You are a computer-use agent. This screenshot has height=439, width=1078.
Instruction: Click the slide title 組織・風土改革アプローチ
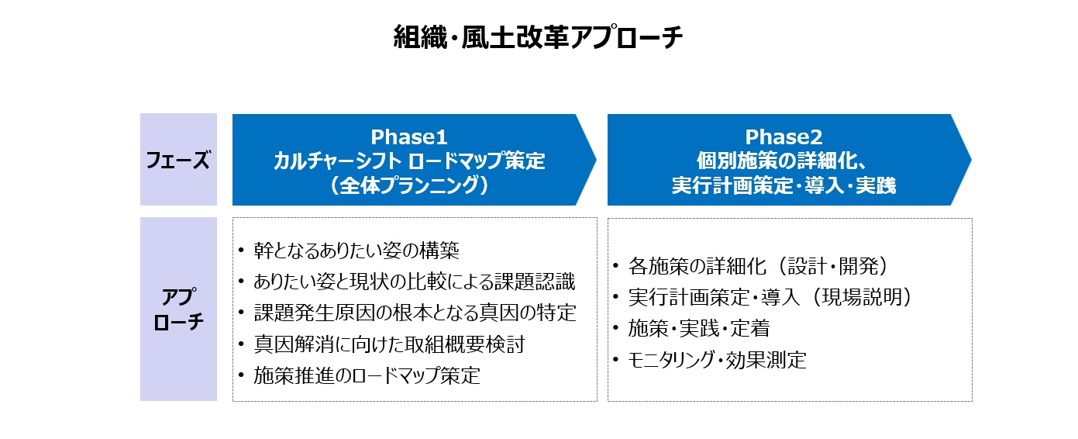coord(538,37)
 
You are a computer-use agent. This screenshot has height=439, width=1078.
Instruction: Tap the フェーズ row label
coord(178,160)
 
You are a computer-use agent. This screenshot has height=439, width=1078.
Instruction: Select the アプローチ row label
coord(178,309)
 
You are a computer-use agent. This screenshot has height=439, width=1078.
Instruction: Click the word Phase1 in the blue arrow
coord(409,137)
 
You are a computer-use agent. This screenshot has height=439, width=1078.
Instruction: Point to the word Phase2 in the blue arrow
coord(784,137)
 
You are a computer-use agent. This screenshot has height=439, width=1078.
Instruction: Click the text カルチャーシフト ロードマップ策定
coord(409,161)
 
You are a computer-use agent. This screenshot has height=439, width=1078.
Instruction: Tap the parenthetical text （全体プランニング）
coord(409,185)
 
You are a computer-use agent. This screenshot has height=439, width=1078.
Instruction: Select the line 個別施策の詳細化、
coord(784,161)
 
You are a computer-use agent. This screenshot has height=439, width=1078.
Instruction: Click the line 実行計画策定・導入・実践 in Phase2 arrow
coord(784,185)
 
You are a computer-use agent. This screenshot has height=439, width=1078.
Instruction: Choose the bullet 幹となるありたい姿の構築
coord(356,250)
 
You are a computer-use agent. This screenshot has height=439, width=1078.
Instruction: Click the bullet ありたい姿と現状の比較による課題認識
coord(415,282)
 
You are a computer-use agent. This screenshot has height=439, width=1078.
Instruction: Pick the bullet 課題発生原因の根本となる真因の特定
coord(415,313)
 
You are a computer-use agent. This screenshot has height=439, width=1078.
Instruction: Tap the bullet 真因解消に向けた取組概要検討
coord(389,344)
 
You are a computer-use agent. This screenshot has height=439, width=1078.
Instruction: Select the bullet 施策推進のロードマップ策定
coord(367,375)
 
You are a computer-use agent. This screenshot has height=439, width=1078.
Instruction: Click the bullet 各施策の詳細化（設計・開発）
coord(759,266)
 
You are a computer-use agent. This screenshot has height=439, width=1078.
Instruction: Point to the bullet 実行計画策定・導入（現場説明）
coord(770,297)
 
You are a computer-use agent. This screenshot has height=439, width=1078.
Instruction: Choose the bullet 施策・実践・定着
coord(699,329)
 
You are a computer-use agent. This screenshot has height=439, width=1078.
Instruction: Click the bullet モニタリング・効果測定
coord(717,360)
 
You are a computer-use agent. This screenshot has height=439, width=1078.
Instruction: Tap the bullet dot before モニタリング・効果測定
coord(616,359)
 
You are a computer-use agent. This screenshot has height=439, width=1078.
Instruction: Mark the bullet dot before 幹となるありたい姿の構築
coord(241,250)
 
